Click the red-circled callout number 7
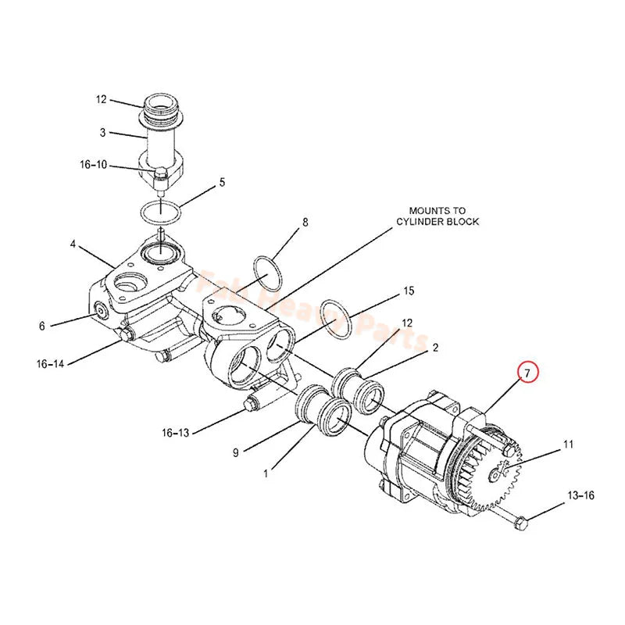pos(527,373)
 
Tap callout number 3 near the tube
pos(102,133)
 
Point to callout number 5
pos(222,182)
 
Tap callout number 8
pos(305,222)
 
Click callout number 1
pos(266,472)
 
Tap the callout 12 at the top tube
pos(101,99)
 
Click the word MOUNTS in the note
pos(426,210)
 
